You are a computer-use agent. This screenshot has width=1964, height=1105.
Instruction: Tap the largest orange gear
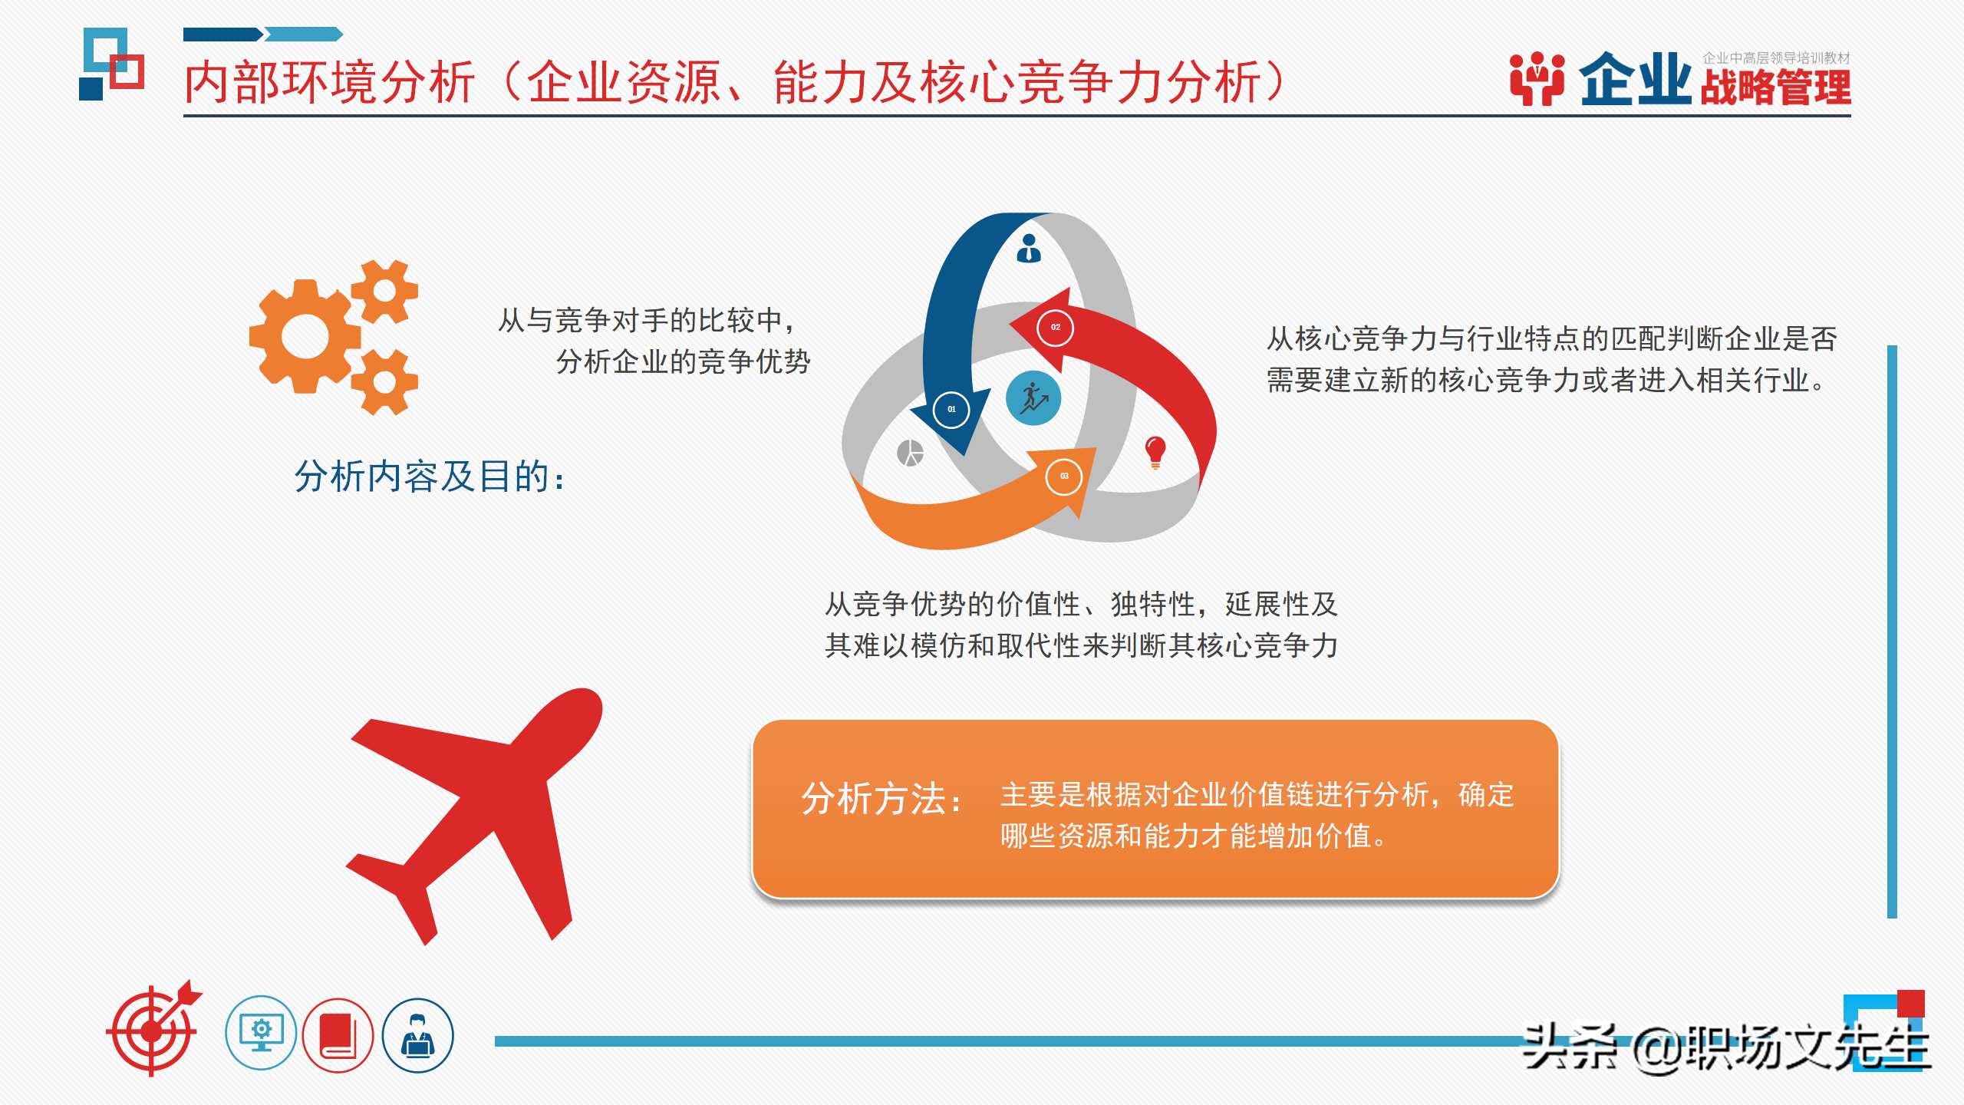point(305,336)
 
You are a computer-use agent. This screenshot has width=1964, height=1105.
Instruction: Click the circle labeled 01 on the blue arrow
point(951,409)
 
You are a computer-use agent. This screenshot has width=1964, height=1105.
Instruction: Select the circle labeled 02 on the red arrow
point(1055,328)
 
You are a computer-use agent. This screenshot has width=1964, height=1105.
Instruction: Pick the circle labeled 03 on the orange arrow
point(1064,477)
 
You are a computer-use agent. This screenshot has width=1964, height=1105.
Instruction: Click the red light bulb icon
point(1155,451)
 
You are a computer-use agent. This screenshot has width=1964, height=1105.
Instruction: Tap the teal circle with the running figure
point(1033,398)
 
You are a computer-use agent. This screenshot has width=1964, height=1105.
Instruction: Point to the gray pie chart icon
point(911,453)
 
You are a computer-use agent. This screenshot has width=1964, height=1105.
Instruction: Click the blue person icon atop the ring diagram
point(1029,249)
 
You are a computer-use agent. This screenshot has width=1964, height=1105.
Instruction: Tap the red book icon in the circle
point(338,1035)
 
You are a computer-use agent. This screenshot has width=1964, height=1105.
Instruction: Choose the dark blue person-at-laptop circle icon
point(418,1035)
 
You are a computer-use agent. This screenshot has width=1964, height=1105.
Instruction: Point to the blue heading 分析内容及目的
point(430,477)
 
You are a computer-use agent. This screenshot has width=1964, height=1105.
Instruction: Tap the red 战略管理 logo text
point(1775,87)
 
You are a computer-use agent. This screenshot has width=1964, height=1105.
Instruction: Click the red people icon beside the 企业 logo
point(1537,78)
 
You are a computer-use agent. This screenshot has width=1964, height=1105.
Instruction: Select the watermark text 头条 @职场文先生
point(1726,1047)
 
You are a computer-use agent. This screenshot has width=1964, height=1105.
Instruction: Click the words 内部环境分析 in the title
point(330,83)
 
